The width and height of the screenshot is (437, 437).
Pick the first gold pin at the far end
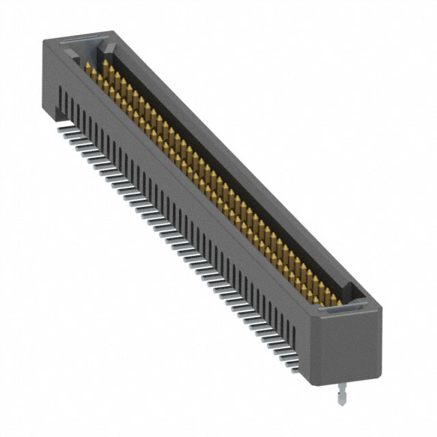pos(88,66)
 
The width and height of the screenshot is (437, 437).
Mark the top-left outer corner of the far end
pos(43,40)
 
